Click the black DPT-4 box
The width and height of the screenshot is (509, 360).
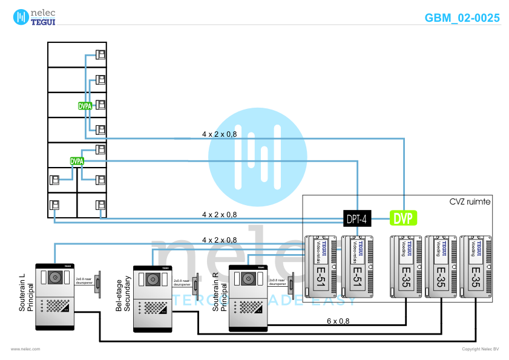click(356, 218)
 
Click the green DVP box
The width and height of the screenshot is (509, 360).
click(404, 218)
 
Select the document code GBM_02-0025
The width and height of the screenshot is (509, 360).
click(462, 18)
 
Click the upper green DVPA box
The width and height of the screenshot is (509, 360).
click(85, 105)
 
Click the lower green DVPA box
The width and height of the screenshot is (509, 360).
click(77, 161)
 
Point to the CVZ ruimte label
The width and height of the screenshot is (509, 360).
click(470, 201)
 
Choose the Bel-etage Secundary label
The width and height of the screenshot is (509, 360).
click(123, 294)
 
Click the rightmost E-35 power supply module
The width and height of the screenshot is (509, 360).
click(476, 266)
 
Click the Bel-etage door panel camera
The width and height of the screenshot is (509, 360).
click(151, 280)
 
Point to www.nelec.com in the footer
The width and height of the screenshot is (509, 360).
click(25, 349)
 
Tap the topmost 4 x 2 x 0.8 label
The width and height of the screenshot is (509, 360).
click(219, 134)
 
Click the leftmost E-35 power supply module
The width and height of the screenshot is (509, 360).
click(406, 266)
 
